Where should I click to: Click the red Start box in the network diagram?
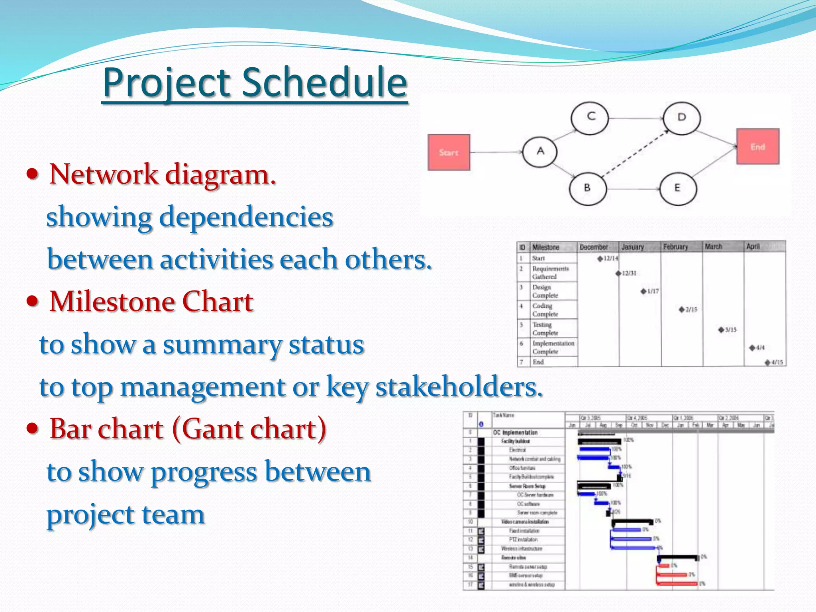tap(449, 152)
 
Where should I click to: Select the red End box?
tap(757, 146)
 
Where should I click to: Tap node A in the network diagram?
tap(540, 151)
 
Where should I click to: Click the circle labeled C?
tap(590, 117)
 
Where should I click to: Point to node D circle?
tap(681, 118)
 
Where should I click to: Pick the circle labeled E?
tap(678, 188)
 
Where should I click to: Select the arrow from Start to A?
tap(496, 152)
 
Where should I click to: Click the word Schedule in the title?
tap(324, 83)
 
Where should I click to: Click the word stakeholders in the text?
tap(459, 387)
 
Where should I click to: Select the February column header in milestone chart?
tap(675, 247)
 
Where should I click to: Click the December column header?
tap(594, 247)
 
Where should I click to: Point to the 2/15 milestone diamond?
tap(682, 310)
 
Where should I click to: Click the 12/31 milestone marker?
tap(618, 273)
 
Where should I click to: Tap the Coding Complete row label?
tap(545, 310)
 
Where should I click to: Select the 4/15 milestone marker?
tap(767, 362)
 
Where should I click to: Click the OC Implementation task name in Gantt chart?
tap(515, 432)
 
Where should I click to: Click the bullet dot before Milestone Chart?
tap(33, 301)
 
